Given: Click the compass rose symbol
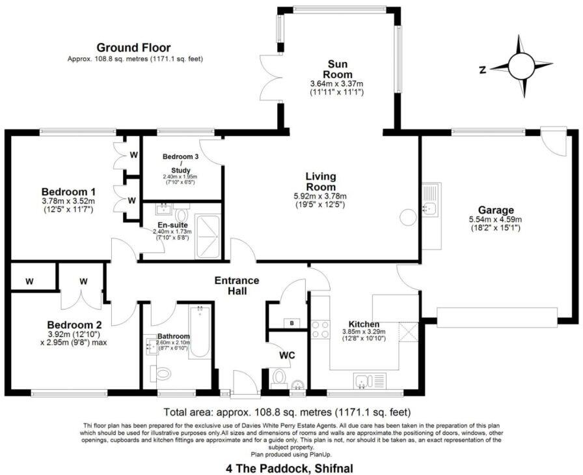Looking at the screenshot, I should [x=521, y=66].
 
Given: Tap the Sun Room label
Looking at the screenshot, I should [x=336, y=69].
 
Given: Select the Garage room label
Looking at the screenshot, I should [x=496, y=210].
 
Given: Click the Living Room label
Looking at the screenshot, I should [x=321, y=182].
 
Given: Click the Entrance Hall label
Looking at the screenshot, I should [x=237, y=285].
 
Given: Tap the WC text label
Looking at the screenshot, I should [x=288, y=356].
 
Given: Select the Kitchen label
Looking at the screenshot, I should [x=364, y=324].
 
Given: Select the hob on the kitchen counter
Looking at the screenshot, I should [x=321, y=329].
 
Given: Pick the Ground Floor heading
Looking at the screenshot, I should [x=133, y=48].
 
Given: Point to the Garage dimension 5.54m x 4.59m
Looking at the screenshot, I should [x=496, y=220].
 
